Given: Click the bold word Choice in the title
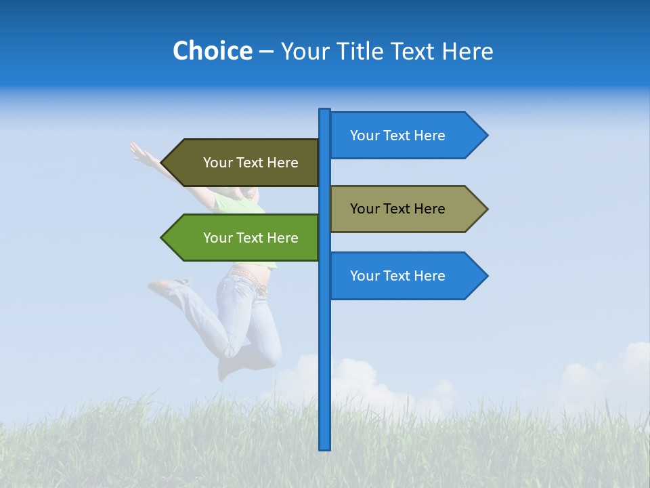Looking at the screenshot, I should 212,52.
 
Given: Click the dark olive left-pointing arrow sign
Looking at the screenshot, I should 244,163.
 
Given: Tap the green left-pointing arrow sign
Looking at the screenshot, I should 244,238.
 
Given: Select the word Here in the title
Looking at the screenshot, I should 469,52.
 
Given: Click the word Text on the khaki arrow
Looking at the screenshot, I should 397,209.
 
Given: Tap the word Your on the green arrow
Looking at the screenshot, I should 217,238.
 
